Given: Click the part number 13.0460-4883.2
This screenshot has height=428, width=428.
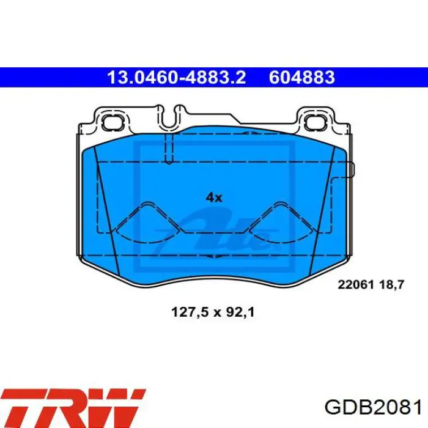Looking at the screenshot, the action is (x=177, y=78).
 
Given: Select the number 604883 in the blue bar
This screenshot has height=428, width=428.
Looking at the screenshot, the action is (x=302, y=78).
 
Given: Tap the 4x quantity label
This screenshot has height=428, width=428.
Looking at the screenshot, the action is (x=214, y=197).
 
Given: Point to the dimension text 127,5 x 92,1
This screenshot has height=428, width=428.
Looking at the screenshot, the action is (x=213, y=312).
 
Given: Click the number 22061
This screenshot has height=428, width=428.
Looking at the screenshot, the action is (x=356, y=285).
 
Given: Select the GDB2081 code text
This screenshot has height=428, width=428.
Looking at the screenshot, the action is (x=373, y=408).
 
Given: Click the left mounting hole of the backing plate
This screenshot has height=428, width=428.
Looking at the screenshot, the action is (x=112, y=122).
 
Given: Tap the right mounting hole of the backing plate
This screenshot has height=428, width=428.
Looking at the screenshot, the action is (x=315, y=122).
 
